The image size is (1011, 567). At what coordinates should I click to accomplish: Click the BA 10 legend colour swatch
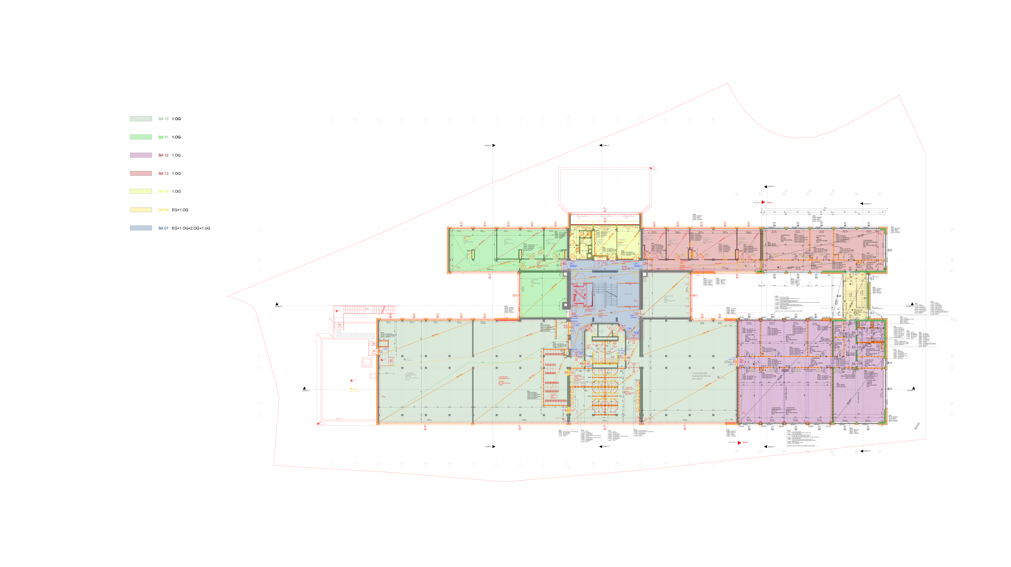[x=141, y=119]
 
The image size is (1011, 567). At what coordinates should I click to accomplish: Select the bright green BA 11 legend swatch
[x=141, y=137]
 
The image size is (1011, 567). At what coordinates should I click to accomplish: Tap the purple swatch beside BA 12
[x=141, y=155]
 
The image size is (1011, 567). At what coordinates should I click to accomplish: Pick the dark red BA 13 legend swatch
[x=141, y=173]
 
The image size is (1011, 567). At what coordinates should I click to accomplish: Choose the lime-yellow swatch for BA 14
[x=141, y=191]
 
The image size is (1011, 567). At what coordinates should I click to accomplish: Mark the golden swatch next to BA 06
[x=141, y=210]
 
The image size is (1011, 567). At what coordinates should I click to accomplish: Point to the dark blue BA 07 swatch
[x=141, y=228]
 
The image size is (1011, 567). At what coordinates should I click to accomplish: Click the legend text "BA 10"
[x=163, y=119]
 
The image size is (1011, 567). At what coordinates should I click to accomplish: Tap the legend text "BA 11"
[x=163, y=137]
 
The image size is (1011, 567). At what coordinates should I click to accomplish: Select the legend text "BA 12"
[x=163, y=155]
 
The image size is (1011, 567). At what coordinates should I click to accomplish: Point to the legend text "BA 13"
[x=163, y=173]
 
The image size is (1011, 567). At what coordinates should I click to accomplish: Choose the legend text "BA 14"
[x=163, y=191]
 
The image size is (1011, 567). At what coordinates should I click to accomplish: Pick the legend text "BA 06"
[x=163, y=210]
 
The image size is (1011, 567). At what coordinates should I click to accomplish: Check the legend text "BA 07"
[x=163, y=228]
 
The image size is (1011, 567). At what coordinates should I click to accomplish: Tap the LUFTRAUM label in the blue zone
[x=628, y=294]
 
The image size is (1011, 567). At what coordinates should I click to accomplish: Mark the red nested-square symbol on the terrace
[x=367, y=362]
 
